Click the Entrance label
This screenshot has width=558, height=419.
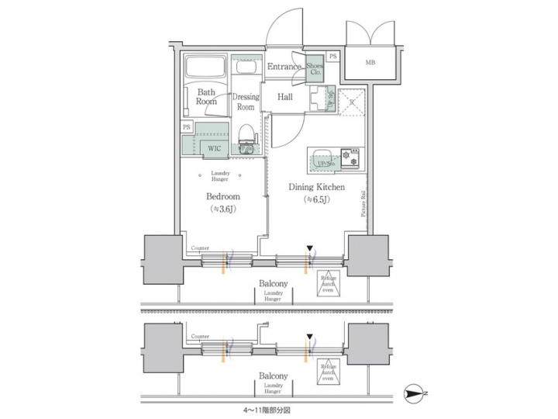coord(284,68)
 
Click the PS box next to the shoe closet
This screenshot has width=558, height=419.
coord(332,57)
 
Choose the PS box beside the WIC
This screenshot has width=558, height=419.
coord(187,127)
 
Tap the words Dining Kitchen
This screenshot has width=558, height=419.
coord(317,187)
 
